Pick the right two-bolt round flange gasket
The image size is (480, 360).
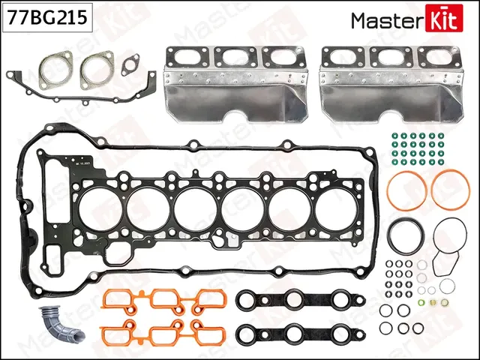pyautogui.click(x=97, y=67)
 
